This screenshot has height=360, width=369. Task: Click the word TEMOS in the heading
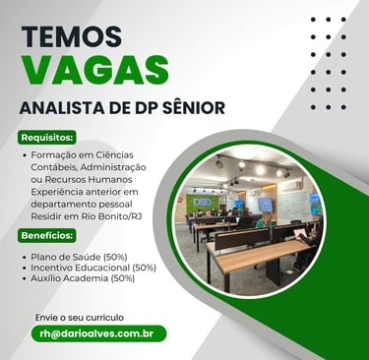point(72,36)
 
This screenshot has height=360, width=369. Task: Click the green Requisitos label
point(47,138)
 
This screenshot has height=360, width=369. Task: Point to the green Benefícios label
point(47,236)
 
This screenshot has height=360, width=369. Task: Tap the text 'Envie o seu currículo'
point(80,318)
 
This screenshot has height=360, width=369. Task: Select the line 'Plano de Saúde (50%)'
point(79,257)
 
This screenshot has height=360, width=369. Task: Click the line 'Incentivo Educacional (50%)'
point(93,268)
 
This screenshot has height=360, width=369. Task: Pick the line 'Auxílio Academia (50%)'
point(83,278)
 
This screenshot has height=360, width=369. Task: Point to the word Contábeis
point(54,167)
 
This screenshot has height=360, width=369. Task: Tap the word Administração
point(113,167)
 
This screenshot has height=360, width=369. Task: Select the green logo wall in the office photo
point(203,204)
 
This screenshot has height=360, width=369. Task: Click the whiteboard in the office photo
point(294,206)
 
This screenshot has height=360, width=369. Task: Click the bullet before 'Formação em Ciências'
point(25,155)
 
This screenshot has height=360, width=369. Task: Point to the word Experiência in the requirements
point(54,192)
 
